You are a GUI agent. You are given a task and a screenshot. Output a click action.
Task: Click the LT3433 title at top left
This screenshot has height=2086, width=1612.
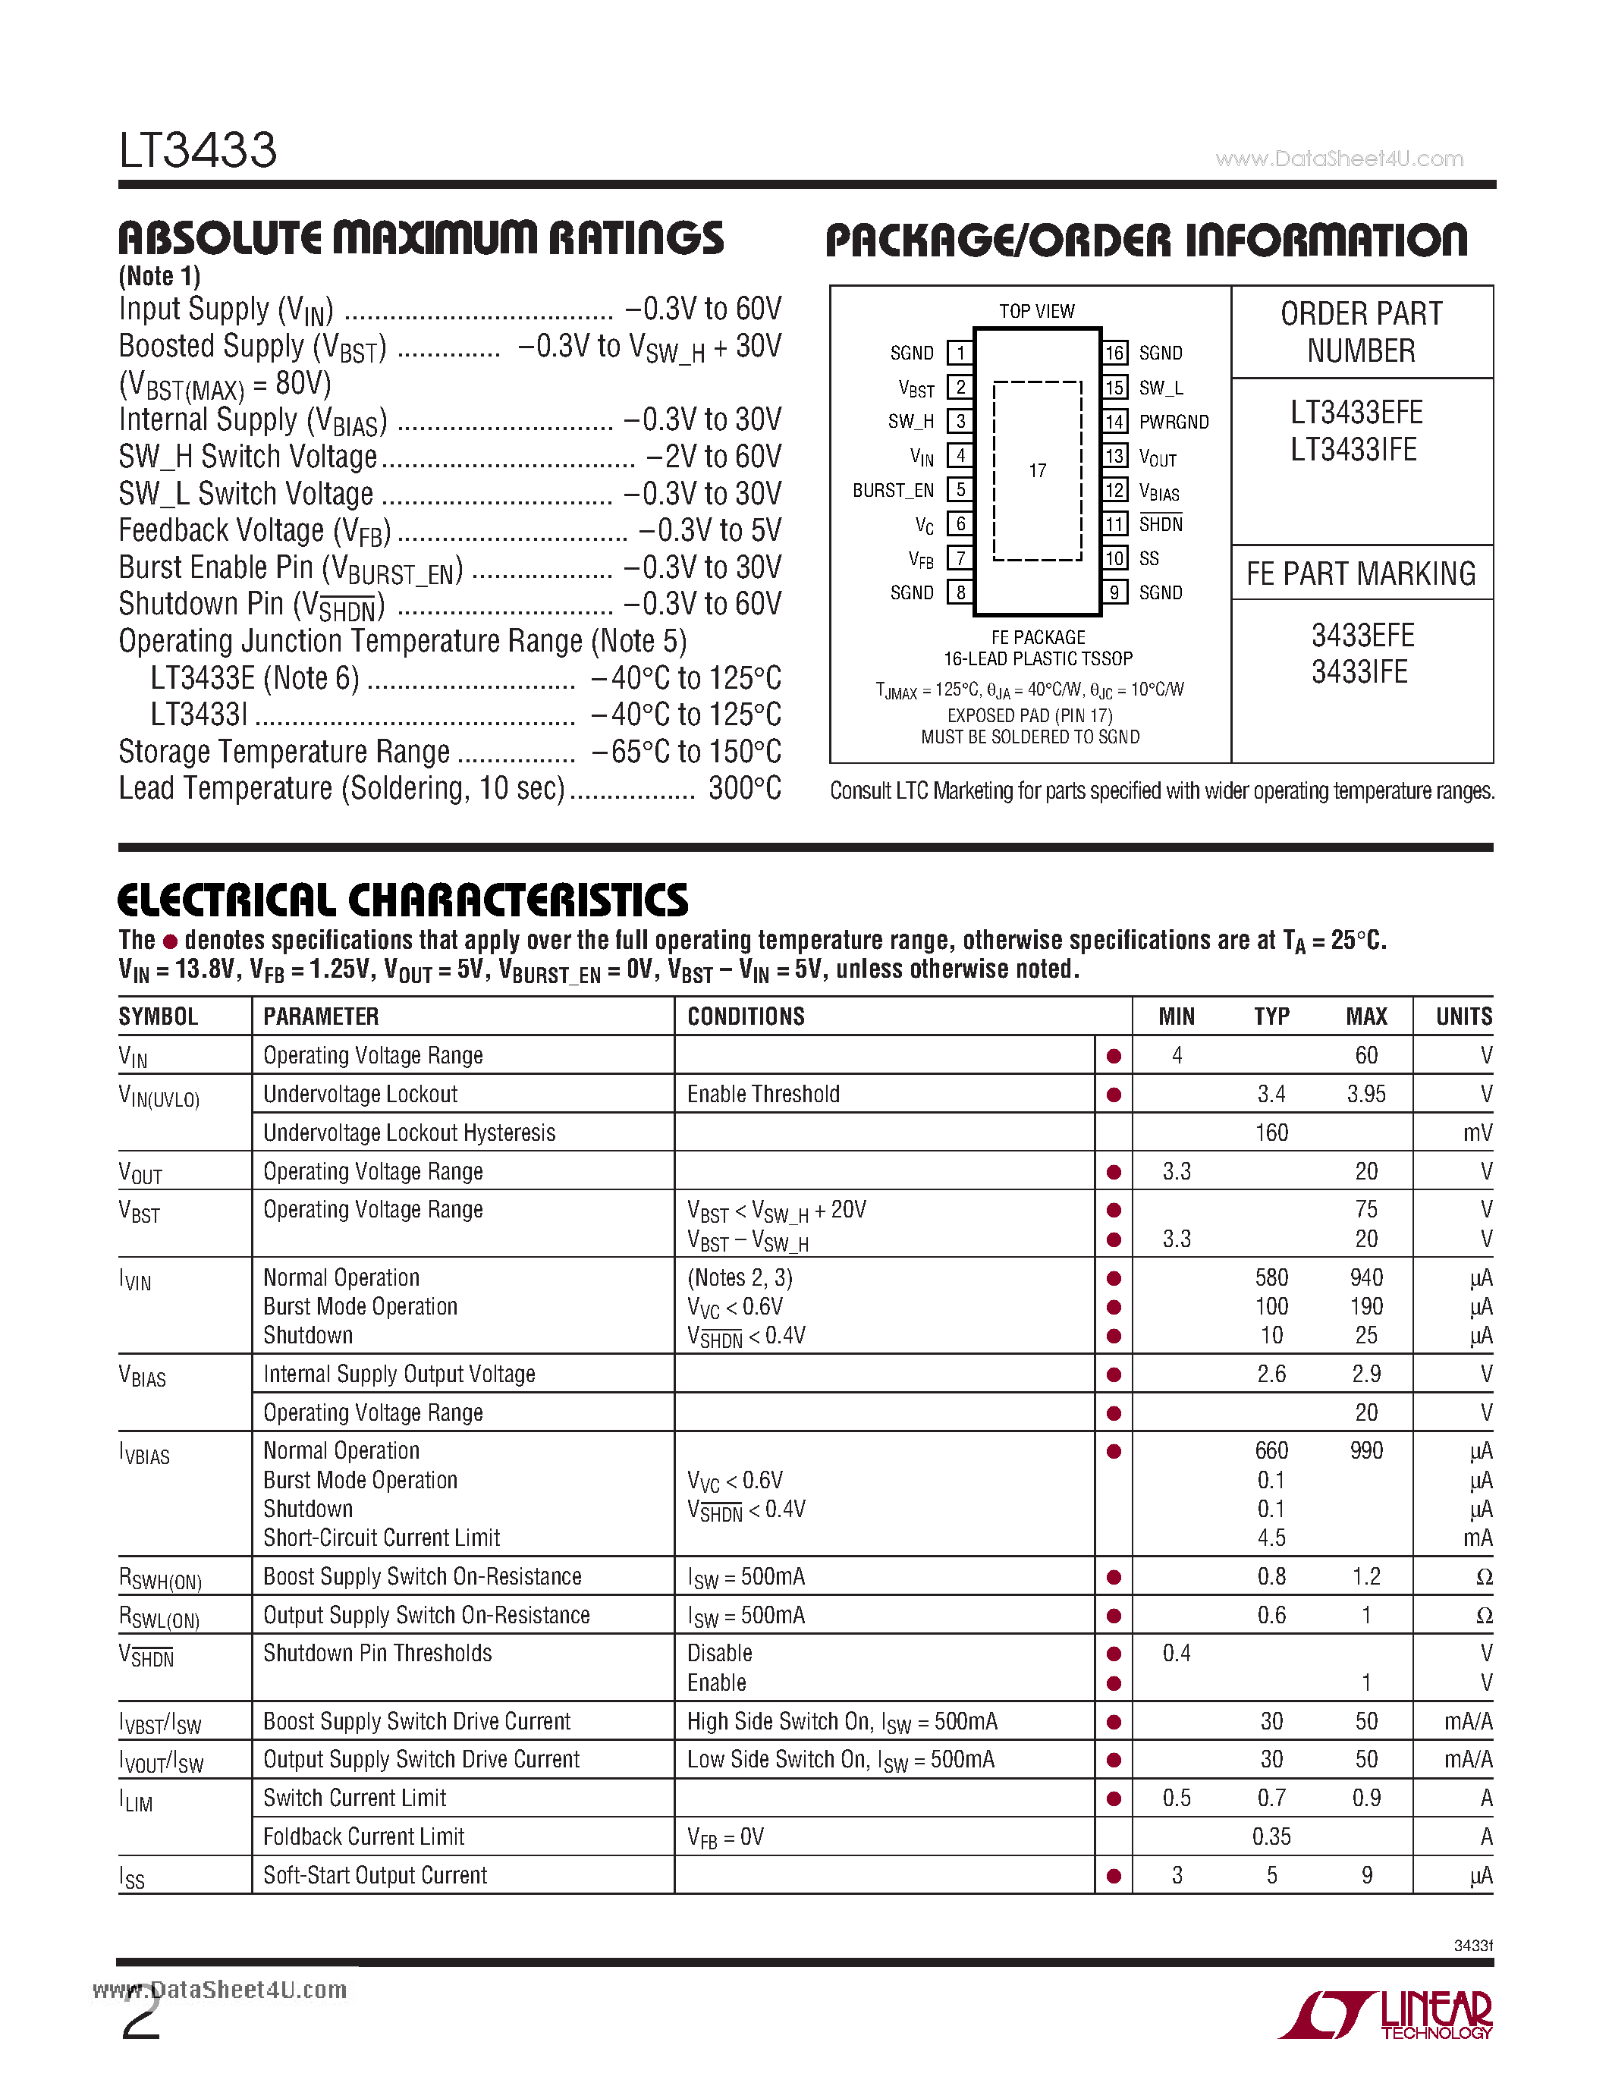coord(198,151)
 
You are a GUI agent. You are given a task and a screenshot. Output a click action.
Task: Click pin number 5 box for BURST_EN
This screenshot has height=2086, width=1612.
coord(960,490)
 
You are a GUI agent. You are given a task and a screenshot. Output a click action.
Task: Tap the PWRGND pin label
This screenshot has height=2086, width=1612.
coord(1173,423)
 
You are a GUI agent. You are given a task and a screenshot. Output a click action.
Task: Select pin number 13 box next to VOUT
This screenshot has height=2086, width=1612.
coord(1114,457)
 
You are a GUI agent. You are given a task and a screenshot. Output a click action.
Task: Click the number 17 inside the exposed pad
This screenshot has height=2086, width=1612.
coord(1037,471)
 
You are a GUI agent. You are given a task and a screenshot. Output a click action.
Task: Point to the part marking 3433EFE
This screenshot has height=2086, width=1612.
coord(1362,635)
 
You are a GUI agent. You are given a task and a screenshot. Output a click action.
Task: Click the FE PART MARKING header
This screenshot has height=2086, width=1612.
coord(1361,574)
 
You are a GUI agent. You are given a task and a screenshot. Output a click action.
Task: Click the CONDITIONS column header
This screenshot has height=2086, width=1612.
coord(746,1017)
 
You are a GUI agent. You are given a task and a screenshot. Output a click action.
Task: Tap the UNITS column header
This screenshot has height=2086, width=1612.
coord(1463,1017)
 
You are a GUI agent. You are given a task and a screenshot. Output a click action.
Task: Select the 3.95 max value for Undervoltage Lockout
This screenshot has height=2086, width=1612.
coord(1365,1095)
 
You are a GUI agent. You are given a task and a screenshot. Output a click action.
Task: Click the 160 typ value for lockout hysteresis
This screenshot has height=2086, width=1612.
coord(1271,1133)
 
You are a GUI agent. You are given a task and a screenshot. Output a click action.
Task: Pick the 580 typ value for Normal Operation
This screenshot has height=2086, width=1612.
coord(1271,1278)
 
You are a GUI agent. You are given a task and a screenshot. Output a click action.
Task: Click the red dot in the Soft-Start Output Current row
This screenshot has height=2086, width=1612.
coord(1114,1876)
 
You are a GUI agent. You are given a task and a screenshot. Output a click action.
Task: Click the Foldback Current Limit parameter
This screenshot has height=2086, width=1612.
coord(364,1836)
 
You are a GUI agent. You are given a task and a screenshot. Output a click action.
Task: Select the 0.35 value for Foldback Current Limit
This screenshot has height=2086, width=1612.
coord(1271,1836)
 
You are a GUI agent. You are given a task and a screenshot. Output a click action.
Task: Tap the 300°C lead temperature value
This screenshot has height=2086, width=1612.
coord(745,789)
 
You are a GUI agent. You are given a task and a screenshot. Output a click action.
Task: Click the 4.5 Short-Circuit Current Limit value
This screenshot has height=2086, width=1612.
coord(1271,1538)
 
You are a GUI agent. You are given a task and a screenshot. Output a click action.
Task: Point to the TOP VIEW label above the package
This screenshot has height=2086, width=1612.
coord(1036,311)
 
